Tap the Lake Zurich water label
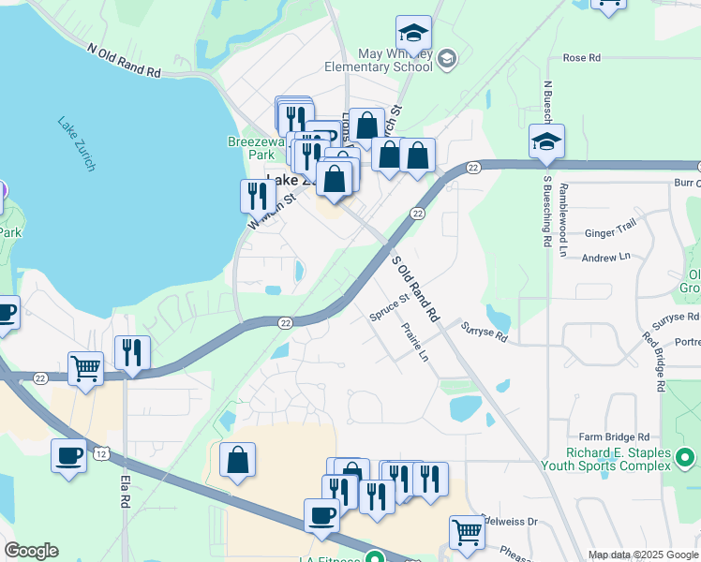coord(76,143)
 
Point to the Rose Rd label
coord(581,58)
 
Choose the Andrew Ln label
coord(605,257)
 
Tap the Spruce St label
coord(389,309)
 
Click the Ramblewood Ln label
coord(563,219)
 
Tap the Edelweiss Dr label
coord(510,522)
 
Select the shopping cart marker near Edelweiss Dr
coord(466,532)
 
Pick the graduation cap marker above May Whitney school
coord(413,34)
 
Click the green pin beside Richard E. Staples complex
coord(686,458)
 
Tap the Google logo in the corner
coord(31,551)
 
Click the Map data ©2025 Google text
coord(642,555)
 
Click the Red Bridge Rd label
coord(653,362)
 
